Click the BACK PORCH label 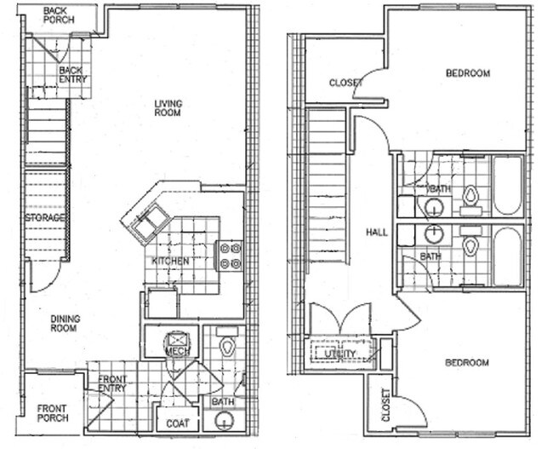pyautogui.click(x=60, y=14)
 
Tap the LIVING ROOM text pyautogui.click(x=168, y=108)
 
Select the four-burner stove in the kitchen pyautogui.click(x=231, y=256)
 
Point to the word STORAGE pyautogui.click(x=45, y=218)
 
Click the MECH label pyautogui.click(x=176, y=349)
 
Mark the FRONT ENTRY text pyautogui.click(x=112, y=384)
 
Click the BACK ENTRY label pyautogui.click(x=72, y=75)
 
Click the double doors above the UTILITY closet pyautogui.click(x=340, y=322)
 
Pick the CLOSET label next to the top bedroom pyautogui.click(x=346, y=83)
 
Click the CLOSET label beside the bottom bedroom pyautogui.click(x=385, y=406)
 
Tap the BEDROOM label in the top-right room pyautogui.click(x=467, y=73)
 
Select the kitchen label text pyautogui.click(x=170, y=261)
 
